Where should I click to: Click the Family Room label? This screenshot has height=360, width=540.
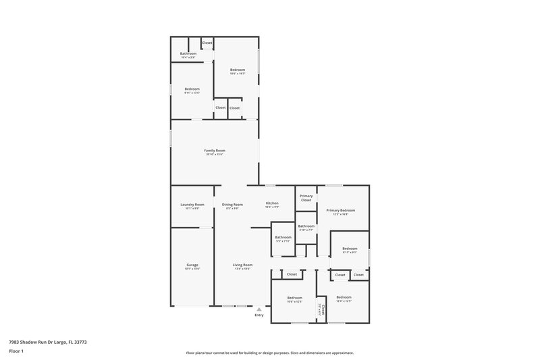coord(215,150)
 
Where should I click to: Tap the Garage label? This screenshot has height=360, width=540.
coord(192,265)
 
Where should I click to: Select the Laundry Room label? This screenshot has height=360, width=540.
coord(192,204)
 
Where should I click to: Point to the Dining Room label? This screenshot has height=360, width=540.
coord(232,204)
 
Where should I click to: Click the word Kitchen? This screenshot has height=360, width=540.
coord(272,203)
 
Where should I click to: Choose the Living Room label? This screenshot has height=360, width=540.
coord(242,265)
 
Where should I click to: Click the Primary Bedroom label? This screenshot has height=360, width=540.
coord(340,210)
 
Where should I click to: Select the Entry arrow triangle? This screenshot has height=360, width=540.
coord(259,309)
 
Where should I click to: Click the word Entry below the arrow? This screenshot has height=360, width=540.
coord(259,315)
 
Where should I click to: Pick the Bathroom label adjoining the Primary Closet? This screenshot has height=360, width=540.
coord(306,226)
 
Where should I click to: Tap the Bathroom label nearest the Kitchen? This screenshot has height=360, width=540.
coord(283,237)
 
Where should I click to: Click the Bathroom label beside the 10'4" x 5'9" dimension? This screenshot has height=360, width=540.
coord(188,53)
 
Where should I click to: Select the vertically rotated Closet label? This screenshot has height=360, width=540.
coord(323,309)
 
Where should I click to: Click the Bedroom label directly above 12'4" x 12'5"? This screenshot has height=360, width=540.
coord(344,297)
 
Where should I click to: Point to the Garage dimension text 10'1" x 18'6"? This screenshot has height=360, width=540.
coord(192,269)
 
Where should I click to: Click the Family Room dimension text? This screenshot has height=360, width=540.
coord(215,154)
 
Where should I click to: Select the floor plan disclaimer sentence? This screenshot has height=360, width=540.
coord(269,353)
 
